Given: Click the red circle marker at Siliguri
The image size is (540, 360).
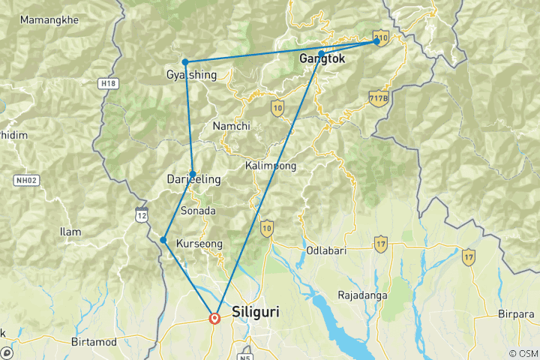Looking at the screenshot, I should click(215, 318).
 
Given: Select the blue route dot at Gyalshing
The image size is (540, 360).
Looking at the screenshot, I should click(184, 61).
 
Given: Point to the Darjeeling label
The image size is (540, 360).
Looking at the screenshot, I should click(193, 180).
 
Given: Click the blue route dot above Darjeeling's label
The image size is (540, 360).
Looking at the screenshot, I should click(193, 173).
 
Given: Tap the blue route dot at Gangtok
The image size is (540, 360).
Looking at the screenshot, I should click(321, 53).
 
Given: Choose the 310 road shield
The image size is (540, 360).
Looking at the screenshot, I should click(381, 37).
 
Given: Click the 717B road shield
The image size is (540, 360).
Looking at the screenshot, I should click(379, 97).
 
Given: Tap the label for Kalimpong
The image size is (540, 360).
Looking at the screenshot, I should click(271, 165).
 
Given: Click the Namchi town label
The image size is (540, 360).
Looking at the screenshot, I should click(231, 126).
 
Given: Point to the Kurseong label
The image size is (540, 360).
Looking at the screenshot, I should click(199, 244).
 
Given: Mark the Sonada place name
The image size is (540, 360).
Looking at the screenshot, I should click(198, 211).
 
